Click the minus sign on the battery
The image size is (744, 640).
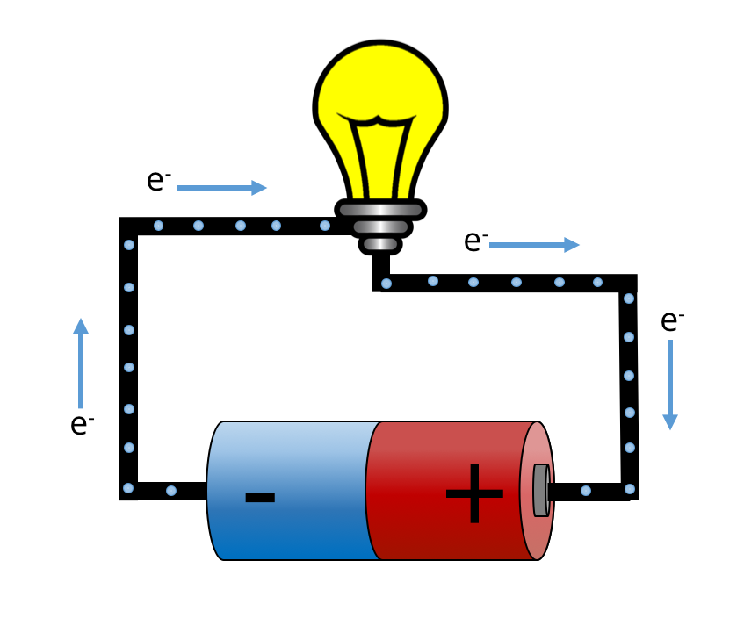[x=260, y=498]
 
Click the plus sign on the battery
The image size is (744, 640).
[x=474, y=493]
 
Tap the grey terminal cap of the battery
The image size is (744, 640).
[x=541, y=490]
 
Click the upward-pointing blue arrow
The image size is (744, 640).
[x=81, y=360]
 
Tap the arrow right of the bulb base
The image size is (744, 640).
[x=534, y=245]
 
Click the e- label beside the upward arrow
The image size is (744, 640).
[x=82, y=424]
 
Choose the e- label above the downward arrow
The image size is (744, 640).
[x=672, y=320]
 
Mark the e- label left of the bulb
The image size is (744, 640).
[x=158, y=180]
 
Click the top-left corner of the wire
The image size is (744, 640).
[x=128, y=226]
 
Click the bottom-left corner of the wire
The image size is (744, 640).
[x=128, y=491]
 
